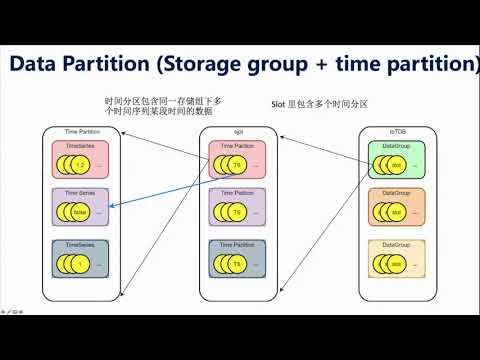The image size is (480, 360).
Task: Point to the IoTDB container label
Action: click(x=384, y=131)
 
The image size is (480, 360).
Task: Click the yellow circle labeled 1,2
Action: click(x=80, y=164)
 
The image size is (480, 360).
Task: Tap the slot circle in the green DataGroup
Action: click(x=396, y=164)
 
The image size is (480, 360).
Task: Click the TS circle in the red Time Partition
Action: click(x=236, y=164)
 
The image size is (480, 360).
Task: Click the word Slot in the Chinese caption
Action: click(x=280, y=103)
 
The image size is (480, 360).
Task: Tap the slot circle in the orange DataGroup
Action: click(x=396, y=214)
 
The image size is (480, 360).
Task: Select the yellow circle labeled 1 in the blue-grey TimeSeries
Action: click(x=80, y=264)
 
